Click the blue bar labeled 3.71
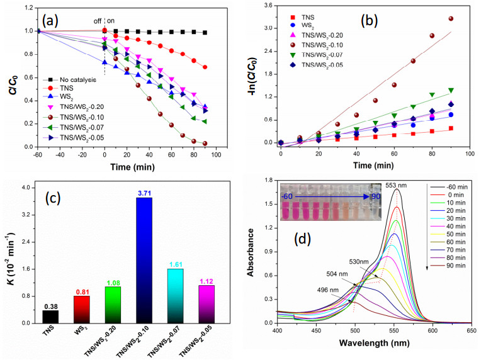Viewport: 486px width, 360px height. coord(144,260)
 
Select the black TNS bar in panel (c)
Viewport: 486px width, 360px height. coord(50,317)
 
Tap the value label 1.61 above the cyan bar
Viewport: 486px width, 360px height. coord(176,264)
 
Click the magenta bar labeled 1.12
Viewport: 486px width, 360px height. coord(206,304)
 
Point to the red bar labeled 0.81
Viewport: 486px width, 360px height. coord(82,310)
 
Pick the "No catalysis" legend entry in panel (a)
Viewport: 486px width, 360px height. coord(70,80)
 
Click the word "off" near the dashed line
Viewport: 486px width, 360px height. coord(98,21)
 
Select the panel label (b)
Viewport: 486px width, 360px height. coord(369,21)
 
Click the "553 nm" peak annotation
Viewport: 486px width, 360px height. coord(396,185)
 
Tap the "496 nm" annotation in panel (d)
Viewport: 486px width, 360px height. coord(327,290)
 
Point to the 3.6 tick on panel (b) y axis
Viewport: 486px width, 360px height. coord(268,5)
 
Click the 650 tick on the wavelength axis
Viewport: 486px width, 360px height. coord(472,330)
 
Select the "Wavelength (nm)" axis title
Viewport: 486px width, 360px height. coord(374,343)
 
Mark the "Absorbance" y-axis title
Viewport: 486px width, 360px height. coord(251,252)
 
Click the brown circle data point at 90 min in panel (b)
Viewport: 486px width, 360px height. coord(451,19)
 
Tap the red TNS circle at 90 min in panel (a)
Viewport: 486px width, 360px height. coord(205,67)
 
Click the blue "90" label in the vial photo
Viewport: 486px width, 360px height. coord(376,196)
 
